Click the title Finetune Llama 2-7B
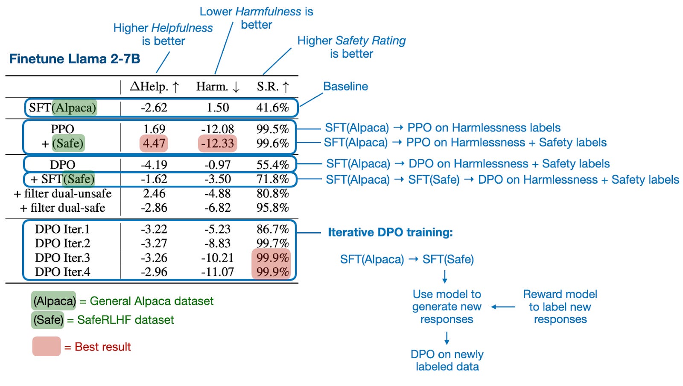click(x=75, y=58)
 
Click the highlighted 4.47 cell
click(x=154, y=143)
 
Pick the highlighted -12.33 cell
click(x=217, y=143)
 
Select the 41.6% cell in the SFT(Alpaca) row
click(x=272, y=108)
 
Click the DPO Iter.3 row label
click(x=62, y=258)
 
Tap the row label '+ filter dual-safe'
click(x=62, y=208)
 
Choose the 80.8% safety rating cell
click(x=272, y=193)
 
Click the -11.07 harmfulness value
click(x=217, y=272)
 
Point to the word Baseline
click(x=345, y=86)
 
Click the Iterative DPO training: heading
click(x=390, y=232)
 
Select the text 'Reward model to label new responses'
click(x=560, y=307)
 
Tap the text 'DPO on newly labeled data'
click(x=447, y=360)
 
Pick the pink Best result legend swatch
click(x=47, y=346)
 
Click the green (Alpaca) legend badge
click(x=54, y=301)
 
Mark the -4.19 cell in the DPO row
click(x=154, y=165)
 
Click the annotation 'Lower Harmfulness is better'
click(x=256, y=18)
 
